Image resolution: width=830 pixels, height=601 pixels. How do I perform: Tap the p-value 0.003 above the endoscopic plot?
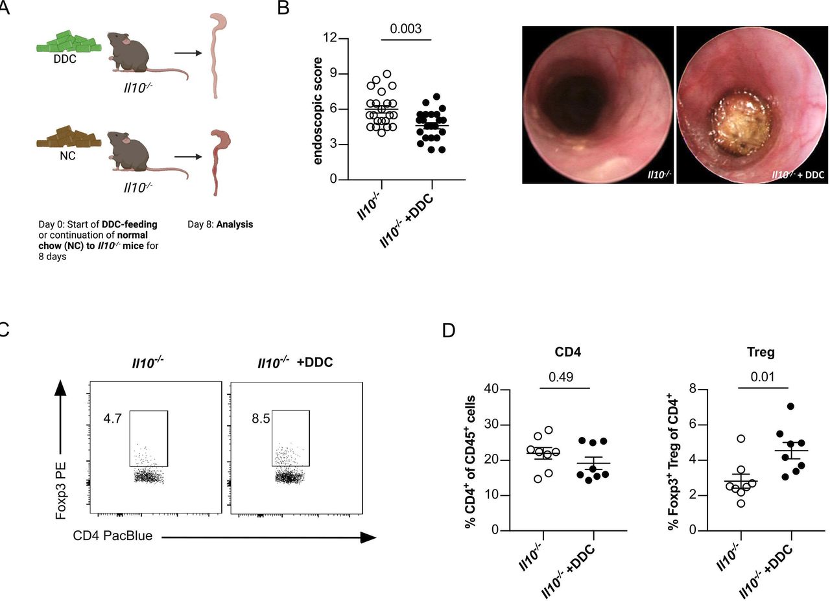click(406, 29)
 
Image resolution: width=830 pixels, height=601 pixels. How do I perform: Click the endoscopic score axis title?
click(318, 111)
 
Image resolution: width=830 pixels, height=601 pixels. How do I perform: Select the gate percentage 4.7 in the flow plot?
click(112, 419)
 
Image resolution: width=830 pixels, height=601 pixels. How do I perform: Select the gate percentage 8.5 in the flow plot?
click(261, 419)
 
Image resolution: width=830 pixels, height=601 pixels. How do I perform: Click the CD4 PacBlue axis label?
click(113, 536)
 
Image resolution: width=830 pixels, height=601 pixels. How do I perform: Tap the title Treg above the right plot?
click(761, 352)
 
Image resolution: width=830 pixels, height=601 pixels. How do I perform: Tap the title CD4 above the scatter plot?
click(567, 351)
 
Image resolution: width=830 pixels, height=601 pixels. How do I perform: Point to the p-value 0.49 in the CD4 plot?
click(561, 377)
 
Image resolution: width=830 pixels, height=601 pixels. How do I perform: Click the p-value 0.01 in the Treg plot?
click(763, 377)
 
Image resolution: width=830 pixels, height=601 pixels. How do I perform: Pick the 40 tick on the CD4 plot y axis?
click(492, 390)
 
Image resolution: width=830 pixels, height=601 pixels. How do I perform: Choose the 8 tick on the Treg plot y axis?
click(693, 389)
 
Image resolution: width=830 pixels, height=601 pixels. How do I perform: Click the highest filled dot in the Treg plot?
click(790, 407)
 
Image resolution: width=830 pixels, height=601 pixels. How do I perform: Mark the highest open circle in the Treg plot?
click(741, 439)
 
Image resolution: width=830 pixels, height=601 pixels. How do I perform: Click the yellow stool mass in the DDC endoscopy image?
click(741, 126)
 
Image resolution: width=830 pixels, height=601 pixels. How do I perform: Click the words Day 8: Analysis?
click(220, 224)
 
